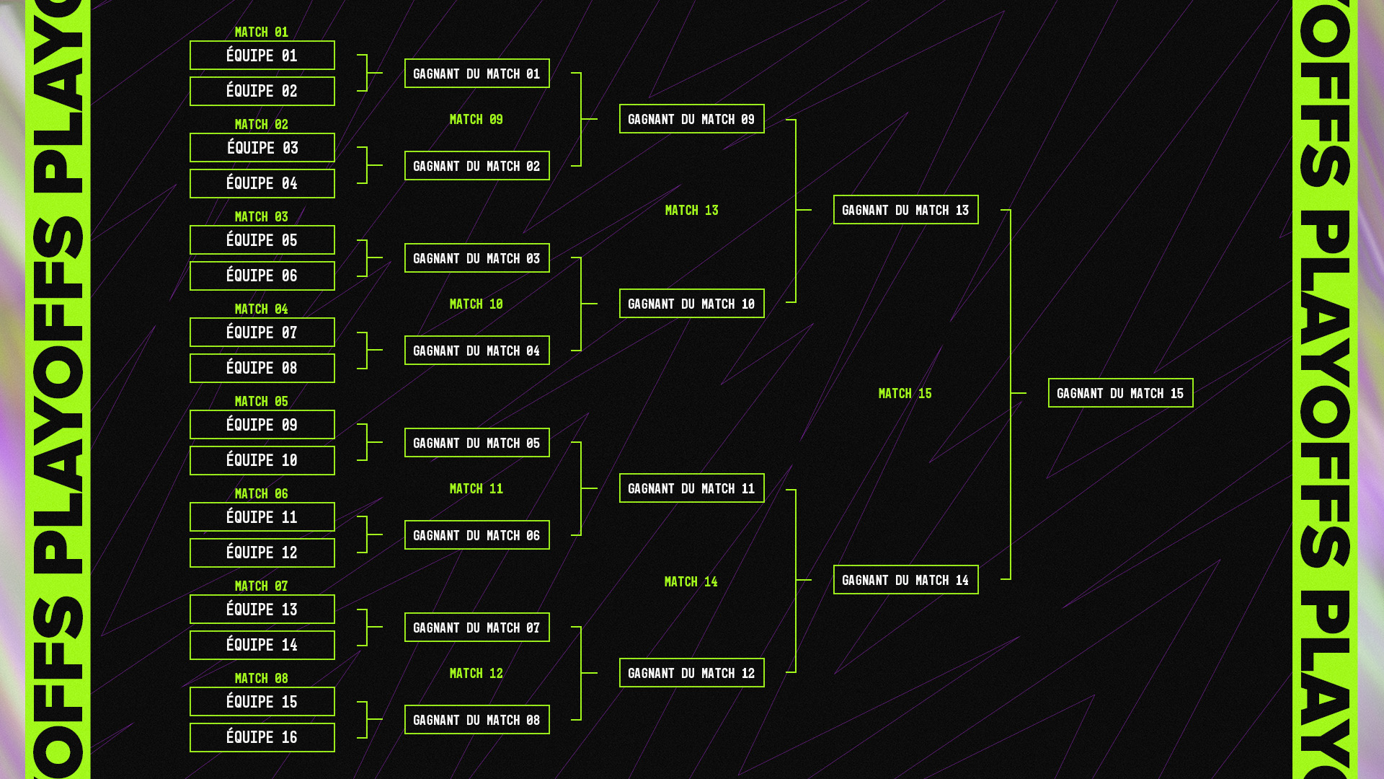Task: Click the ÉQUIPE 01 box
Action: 262,56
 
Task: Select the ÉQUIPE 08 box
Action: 262,368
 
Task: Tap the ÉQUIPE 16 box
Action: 262,737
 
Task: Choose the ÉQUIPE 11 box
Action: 262,517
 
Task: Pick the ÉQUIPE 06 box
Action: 262,276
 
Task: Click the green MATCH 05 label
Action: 261,401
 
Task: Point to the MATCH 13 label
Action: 691,210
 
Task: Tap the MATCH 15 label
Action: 905,393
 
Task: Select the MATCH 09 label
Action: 476,119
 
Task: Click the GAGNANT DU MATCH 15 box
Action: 1120,393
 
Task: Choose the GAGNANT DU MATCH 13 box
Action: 905,210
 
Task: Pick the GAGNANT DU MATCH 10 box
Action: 691,304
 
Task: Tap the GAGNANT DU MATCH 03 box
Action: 476,258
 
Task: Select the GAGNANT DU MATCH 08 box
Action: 476,720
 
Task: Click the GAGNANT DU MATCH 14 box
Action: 905,580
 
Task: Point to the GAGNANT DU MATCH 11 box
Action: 691,488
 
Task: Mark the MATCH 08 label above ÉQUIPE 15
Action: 261,678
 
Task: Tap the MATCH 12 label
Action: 476,673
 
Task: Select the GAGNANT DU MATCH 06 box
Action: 476,535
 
